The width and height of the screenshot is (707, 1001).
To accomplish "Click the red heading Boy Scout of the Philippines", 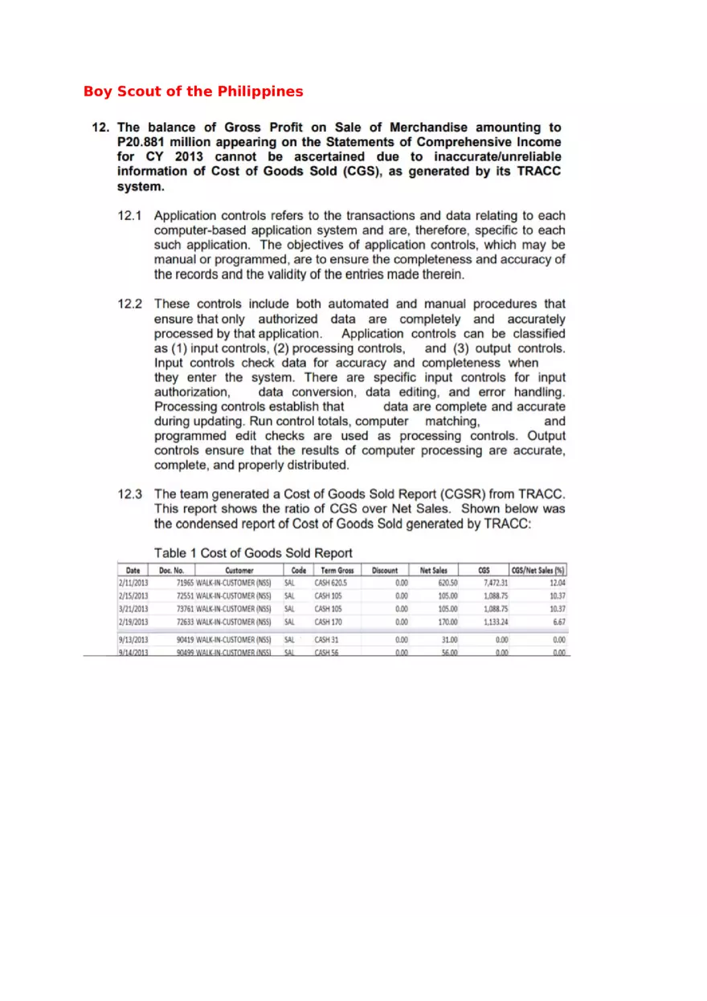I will click(x=193, y=92).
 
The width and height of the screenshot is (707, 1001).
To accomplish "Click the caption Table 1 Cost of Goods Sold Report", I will click(x=253, y=553).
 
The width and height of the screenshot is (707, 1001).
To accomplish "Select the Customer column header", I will click(x=239, y=570).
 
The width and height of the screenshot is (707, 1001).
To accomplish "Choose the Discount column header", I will click(x=385, y=570).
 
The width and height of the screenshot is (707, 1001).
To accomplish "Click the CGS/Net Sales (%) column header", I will click(x=538, y=570).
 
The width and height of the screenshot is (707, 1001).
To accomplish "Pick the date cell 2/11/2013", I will click(x=133, y=583).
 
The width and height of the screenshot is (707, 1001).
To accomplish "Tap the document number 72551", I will click(x=185, y=596).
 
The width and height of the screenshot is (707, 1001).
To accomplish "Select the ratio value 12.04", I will click(x=557, y=583).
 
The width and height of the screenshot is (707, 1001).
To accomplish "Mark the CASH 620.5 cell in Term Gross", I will click(x=330, y=583).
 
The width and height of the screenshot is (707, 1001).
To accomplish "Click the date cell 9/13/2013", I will click(x=133, y=641).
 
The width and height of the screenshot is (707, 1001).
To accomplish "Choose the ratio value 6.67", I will click(x=559, y=622).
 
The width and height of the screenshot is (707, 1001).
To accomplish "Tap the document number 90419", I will click(x=185, y=641).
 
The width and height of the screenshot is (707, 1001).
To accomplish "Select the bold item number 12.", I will click(x=100, y=128).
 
